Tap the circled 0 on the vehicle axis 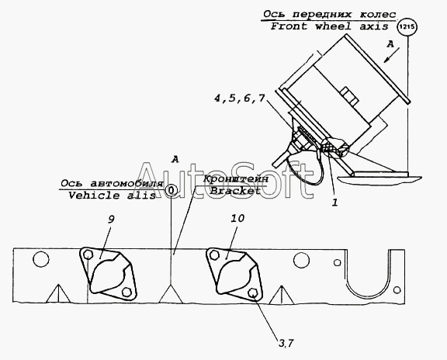[171, 190]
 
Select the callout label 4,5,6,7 [240, 99]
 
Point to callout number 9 [111, 220]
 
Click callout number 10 [237, 218]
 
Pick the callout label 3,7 [286, 343]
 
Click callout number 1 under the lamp [334, 202]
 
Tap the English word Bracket [235, 191]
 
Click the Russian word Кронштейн [236, 179]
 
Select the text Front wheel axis [329, 26]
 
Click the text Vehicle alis [112, 196]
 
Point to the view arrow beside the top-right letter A [391, 55]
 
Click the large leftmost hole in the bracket [41, 259]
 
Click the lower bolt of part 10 [252, 292]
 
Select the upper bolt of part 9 [88, 254]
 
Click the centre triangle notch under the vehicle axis [171, 294]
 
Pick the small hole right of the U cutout [397, 290]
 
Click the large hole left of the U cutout [301, 260]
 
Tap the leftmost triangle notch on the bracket [58, 293]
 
